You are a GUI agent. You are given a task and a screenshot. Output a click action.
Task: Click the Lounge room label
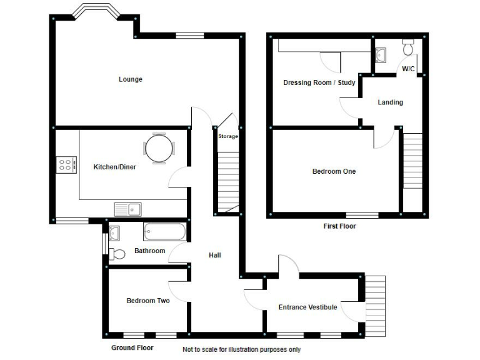131,79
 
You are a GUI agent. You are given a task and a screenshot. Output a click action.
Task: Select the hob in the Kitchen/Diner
66,164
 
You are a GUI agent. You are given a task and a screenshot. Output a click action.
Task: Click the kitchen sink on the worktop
128,208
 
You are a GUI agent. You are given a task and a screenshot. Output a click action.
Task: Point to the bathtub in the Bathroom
165,232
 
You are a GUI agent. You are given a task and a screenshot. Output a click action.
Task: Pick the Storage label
228,136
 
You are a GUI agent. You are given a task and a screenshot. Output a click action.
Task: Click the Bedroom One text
334,171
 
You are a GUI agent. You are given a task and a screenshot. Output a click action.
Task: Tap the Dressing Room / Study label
319,82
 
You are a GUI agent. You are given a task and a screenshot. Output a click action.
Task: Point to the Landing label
390,102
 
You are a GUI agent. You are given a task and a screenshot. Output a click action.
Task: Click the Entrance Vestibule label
307,307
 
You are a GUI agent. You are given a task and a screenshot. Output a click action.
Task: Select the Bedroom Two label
148,301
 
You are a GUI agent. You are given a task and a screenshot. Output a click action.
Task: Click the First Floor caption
339,226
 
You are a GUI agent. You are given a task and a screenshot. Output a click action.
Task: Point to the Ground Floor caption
132,347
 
